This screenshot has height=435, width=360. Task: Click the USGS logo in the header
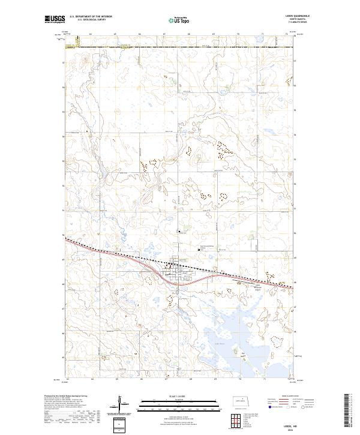pyautogui.click(x=55, y=20)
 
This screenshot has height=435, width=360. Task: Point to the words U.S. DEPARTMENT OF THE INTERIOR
pyautogui.click(x=91, y=17)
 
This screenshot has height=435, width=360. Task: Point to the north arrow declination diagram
pyautogui.click(x=120, y=404)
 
